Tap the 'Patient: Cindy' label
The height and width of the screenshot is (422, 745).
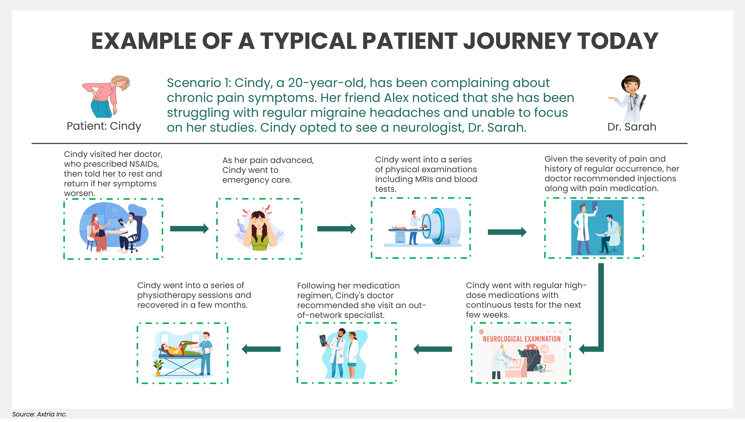point(104,126)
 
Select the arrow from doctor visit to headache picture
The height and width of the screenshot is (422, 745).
point(189,229)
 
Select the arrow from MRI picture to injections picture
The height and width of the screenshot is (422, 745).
point(507,232)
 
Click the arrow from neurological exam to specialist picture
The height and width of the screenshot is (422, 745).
point(432,349)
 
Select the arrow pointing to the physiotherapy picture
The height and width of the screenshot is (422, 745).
point(261,349)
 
